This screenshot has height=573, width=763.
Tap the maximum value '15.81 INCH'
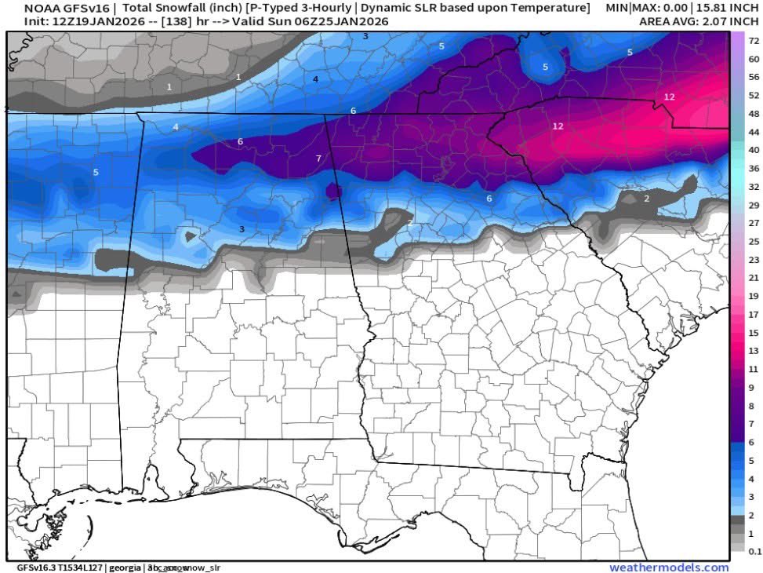coord(725,8)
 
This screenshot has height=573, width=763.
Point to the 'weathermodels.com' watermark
coord(669,568)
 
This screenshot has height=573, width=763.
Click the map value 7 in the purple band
coord(318,159)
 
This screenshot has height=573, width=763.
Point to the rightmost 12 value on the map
coord(670,97)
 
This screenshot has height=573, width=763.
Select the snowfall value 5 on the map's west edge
coord(96,172)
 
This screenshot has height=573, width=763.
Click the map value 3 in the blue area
coord(242,229)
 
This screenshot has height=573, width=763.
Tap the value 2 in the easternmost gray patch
coord(646,199)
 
